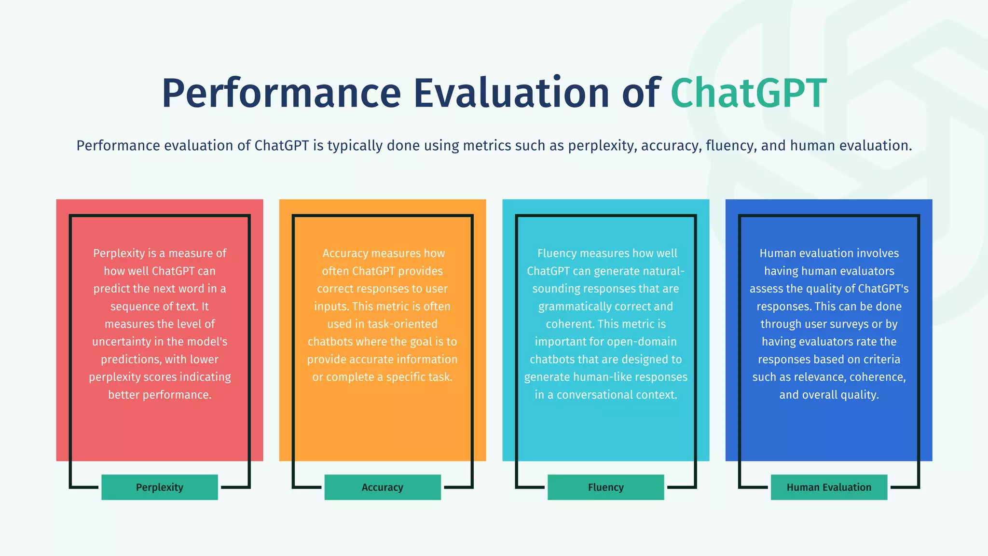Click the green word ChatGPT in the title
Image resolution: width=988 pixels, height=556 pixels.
point(748,93)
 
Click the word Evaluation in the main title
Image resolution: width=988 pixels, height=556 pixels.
point(511,93)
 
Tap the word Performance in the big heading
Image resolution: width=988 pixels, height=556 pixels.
point(281,93)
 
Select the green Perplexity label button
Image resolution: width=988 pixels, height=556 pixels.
point(160,487)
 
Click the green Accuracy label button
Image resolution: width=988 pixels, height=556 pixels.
point(383,487)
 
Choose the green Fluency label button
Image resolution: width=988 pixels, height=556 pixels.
point(605,487)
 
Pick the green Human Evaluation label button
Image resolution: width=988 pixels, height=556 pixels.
point(829,487)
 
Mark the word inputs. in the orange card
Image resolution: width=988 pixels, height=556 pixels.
point(331,306)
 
